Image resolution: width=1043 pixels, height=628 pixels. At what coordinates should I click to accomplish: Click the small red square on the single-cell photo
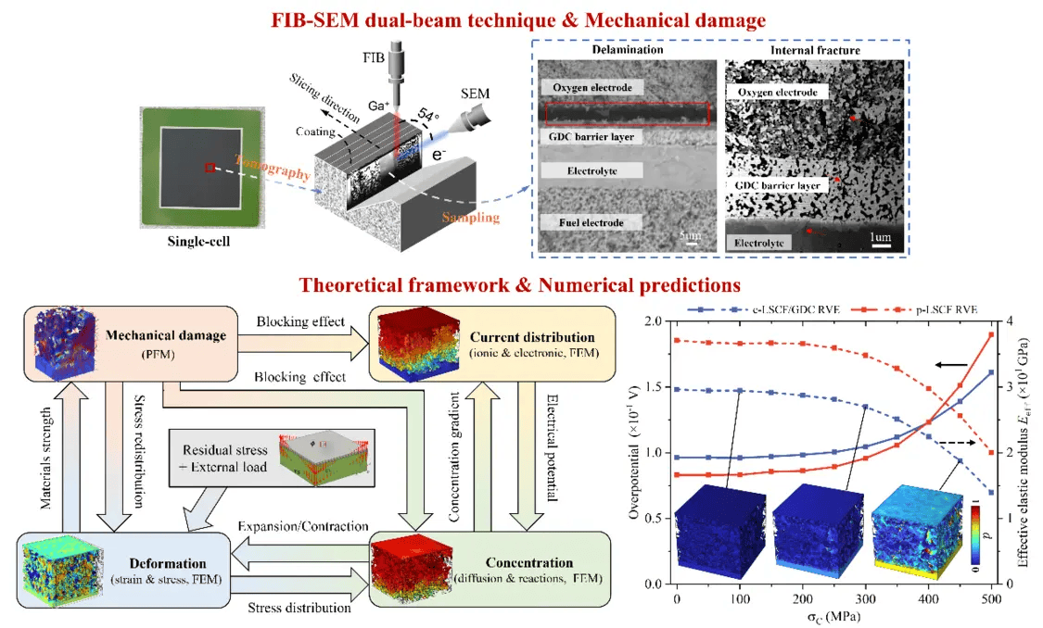(x=210, y=168)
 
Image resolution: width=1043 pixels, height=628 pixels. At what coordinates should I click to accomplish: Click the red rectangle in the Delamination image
(x=627, y=113)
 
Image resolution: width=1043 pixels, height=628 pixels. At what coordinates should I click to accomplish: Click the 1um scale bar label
(x=881, y=238)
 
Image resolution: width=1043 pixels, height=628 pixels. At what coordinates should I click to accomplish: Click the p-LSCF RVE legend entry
(x=936, y=308)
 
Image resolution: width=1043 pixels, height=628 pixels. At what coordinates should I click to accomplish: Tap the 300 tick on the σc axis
(x=865, y=598)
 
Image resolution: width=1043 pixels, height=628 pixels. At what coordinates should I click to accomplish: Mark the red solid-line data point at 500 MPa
(x=991, y=334)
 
